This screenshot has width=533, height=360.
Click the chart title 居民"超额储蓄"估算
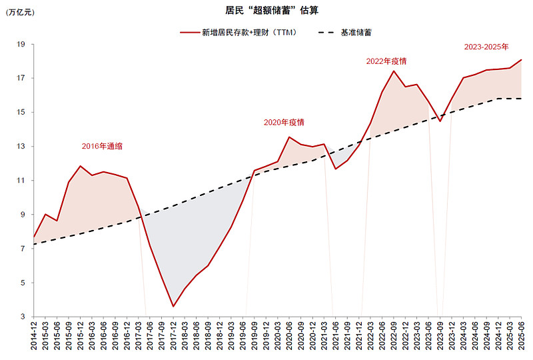point(266,11)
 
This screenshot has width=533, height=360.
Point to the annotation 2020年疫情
point(284,122)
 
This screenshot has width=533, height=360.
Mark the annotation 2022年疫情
point(386,61)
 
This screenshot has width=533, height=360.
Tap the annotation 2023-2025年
point(486,47)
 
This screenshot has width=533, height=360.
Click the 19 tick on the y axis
point(21,44)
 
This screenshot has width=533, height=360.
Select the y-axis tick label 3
point(23,317)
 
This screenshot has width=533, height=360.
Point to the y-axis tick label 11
point(21,181)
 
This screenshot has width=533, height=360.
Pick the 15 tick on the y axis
point(21,112)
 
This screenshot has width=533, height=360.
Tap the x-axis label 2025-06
point(521,337)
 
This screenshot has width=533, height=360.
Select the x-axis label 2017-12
point(173,337)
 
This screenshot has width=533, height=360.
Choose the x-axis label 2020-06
point(289,337)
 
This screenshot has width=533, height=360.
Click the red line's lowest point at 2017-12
point(173,307)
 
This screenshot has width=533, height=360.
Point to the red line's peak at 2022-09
point(394,71)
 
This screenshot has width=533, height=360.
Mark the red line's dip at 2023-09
point(440,121)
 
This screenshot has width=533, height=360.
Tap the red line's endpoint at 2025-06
point(521,60)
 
